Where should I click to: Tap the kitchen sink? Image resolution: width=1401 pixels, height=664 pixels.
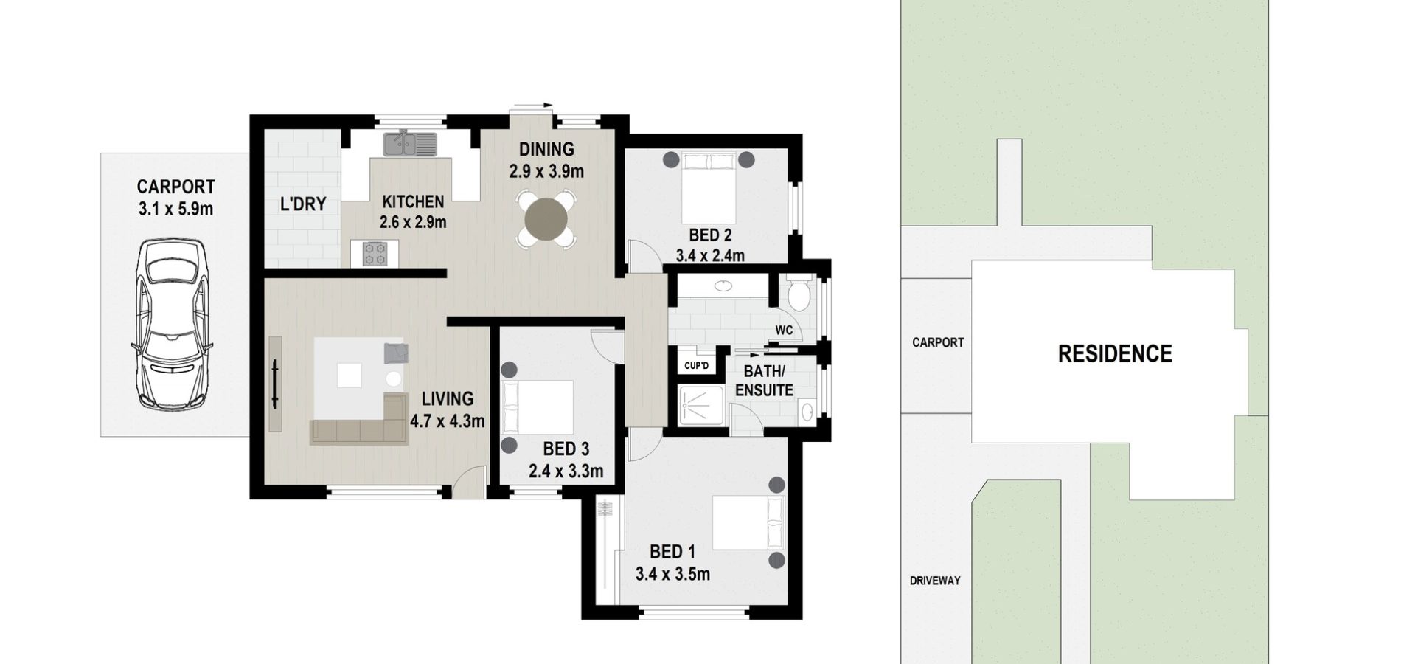click(x=409, y=143)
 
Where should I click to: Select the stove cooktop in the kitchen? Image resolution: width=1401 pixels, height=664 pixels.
click(x=375, y=253)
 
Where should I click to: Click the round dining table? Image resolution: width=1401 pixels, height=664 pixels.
click(x=546, y=218)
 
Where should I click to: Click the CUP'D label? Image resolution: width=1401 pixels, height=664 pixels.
click(x=696, y=366)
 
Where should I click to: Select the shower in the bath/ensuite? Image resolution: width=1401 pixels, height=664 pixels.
click(x=700, y=407)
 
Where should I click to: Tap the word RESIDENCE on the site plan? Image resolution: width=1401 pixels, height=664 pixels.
click(x=1115, y=354)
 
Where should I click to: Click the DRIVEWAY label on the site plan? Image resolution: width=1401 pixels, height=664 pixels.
click(x=935, y=581)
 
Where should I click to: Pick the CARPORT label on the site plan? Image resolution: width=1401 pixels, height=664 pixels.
click(x=938, y=342)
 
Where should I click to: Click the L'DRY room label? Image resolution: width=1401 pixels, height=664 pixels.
click(x=303, y=204)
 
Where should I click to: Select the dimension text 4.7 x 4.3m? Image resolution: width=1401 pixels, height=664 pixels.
click(x=447, y=421)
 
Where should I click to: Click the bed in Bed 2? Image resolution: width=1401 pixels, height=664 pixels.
click(x=709, y=187)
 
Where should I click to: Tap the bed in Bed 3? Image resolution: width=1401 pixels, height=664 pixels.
click(x=538, y=407)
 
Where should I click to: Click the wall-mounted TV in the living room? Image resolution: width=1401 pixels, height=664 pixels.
click(x=275, y=384)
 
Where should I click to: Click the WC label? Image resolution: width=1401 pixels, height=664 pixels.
click(x=784, y=330)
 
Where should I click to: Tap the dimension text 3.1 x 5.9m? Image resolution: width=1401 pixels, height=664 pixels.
click(x=175, y=209)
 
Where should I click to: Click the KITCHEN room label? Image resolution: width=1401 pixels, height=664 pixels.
click(x=413, y=201)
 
